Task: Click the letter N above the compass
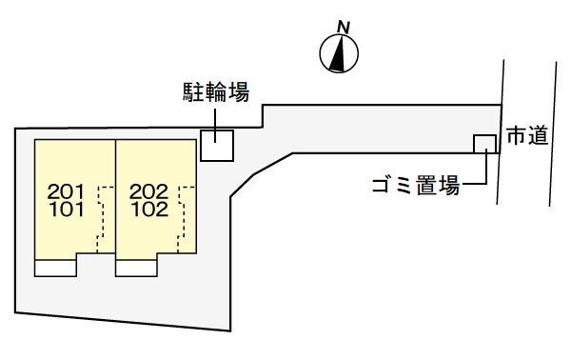click(344, 28)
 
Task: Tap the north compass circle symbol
click(339, 54)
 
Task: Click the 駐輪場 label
click(216, 91)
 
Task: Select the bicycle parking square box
click(217, 146)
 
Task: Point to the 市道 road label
click(527, 136)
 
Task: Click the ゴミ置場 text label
click(416, 186)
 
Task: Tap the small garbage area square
click(484, 144)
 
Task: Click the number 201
click(66, 191)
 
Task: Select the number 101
click(67, 210)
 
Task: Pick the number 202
click(149, 191)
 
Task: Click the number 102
click(149, 210)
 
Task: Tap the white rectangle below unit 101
click(55, 269)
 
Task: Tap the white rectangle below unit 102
click(136, 269)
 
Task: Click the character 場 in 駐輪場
click(239, 91)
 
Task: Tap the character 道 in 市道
click(539, 136)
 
